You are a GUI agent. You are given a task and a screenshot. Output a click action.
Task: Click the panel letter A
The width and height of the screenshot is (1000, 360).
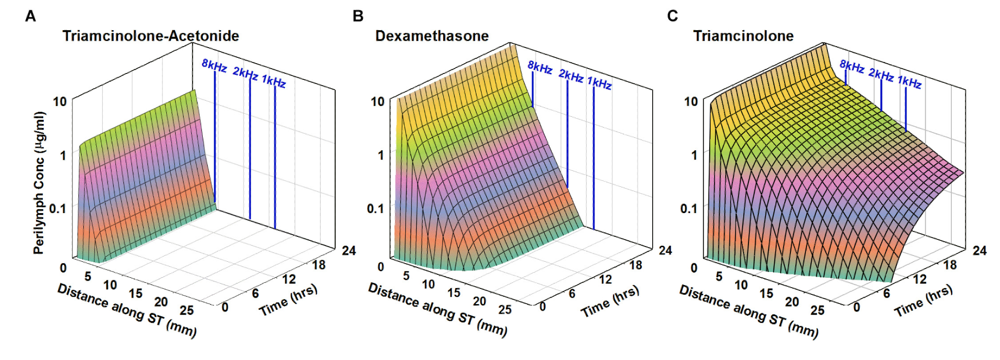click(30, 17)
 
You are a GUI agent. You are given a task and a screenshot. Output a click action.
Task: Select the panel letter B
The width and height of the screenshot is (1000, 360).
click(358, 17)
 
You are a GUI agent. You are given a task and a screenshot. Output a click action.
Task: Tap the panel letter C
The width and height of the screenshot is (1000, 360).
click(672, 17)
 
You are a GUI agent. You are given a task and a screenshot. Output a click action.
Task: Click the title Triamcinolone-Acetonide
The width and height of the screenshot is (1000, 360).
click(151, 36)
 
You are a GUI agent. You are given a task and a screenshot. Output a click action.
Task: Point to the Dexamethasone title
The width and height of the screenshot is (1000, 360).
click(432, 36)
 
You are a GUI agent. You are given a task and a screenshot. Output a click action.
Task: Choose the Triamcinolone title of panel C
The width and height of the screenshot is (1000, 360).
click(743, 36)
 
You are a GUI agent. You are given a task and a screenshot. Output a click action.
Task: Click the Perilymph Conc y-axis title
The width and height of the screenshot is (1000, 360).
click(40, 182)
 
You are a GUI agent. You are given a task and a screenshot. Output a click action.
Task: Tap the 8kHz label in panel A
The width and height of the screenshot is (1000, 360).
click(214, 66)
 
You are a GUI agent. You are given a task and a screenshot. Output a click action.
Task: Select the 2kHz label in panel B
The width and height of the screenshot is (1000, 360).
click(571, 76)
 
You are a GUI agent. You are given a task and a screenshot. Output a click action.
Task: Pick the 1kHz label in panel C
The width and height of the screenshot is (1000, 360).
click(909, 82)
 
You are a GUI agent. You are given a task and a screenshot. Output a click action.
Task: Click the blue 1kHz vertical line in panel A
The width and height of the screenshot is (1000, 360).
click(275, 156)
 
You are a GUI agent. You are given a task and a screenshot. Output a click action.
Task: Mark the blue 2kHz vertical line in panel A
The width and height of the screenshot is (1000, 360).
click(250, 146)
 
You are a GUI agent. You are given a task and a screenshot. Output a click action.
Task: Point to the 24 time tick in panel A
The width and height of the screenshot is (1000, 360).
click(349, 251)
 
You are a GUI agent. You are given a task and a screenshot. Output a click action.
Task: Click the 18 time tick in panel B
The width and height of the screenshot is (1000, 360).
click(636, 265)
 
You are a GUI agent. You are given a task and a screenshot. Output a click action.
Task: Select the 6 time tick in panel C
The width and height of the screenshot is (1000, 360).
click(886, 293)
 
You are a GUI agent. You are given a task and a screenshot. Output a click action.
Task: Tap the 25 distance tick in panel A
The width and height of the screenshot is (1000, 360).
click(187, 310)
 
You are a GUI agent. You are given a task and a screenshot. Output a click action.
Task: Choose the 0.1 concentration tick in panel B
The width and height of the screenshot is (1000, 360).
click(375, 209)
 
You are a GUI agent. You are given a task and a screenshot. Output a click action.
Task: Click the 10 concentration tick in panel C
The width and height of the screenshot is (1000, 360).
click(691, 102)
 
